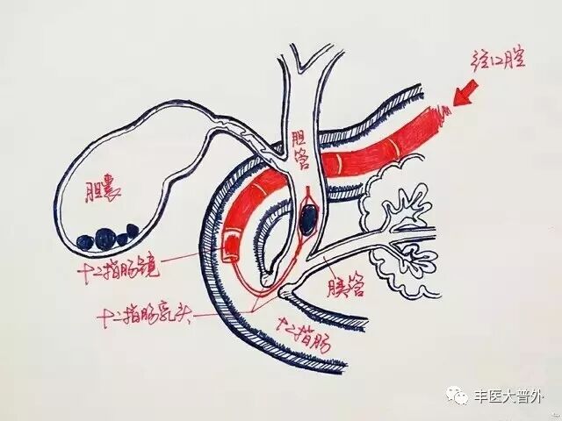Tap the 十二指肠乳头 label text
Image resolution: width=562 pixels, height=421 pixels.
coord(155,312)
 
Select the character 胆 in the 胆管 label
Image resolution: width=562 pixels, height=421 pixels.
coord(300,138)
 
